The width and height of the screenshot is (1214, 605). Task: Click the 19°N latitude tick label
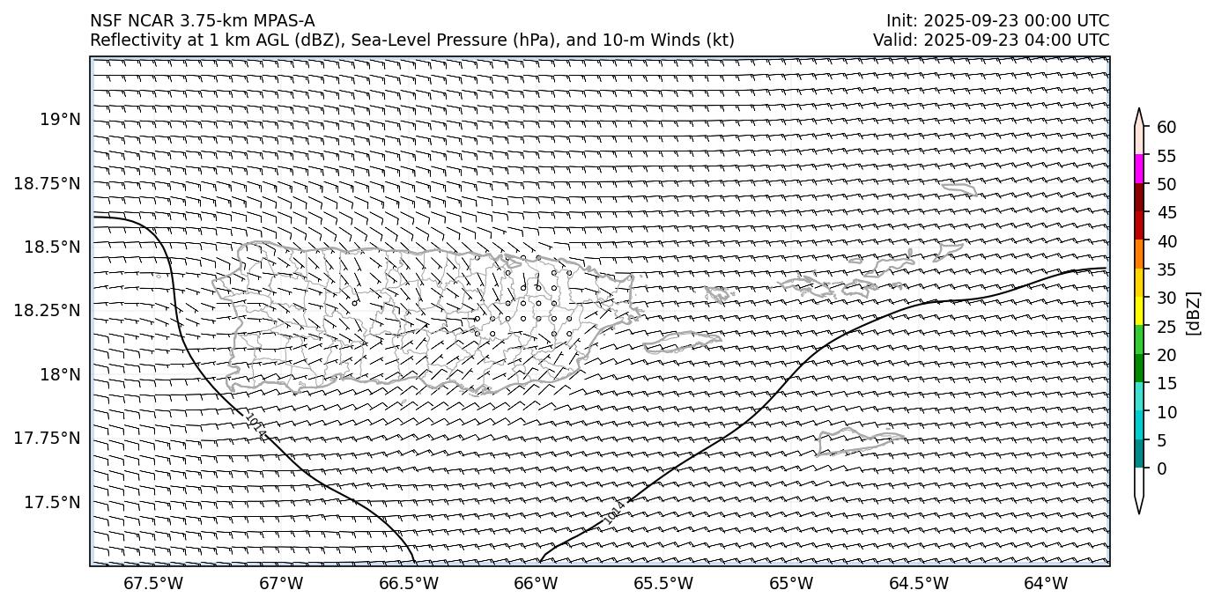coord(60,119)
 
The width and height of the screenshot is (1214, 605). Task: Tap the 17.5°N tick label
coord(53,502)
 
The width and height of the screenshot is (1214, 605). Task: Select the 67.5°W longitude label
coord(152,583)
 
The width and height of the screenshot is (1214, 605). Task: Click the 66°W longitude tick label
coord(536,583)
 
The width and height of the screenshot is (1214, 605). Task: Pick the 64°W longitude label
coord(1046,583)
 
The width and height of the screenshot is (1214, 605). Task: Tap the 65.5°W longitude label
coord(663,583)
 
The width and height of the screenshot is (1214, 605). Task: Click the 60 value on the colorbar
coord(1166,128)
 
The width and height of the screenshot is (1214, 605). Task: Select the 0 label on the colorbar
coord(1162,469)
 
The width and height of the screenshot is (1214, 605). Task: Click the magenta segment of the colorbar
coord(1139,169)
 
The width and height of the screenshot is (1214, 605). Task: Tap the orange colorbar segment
coord(1139,255)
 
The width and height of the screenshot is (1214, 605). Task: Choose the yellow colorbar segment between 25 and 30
coord(1139,311)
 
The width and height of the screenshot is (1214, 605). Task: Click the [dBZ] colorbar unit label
coord(1195,313)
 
